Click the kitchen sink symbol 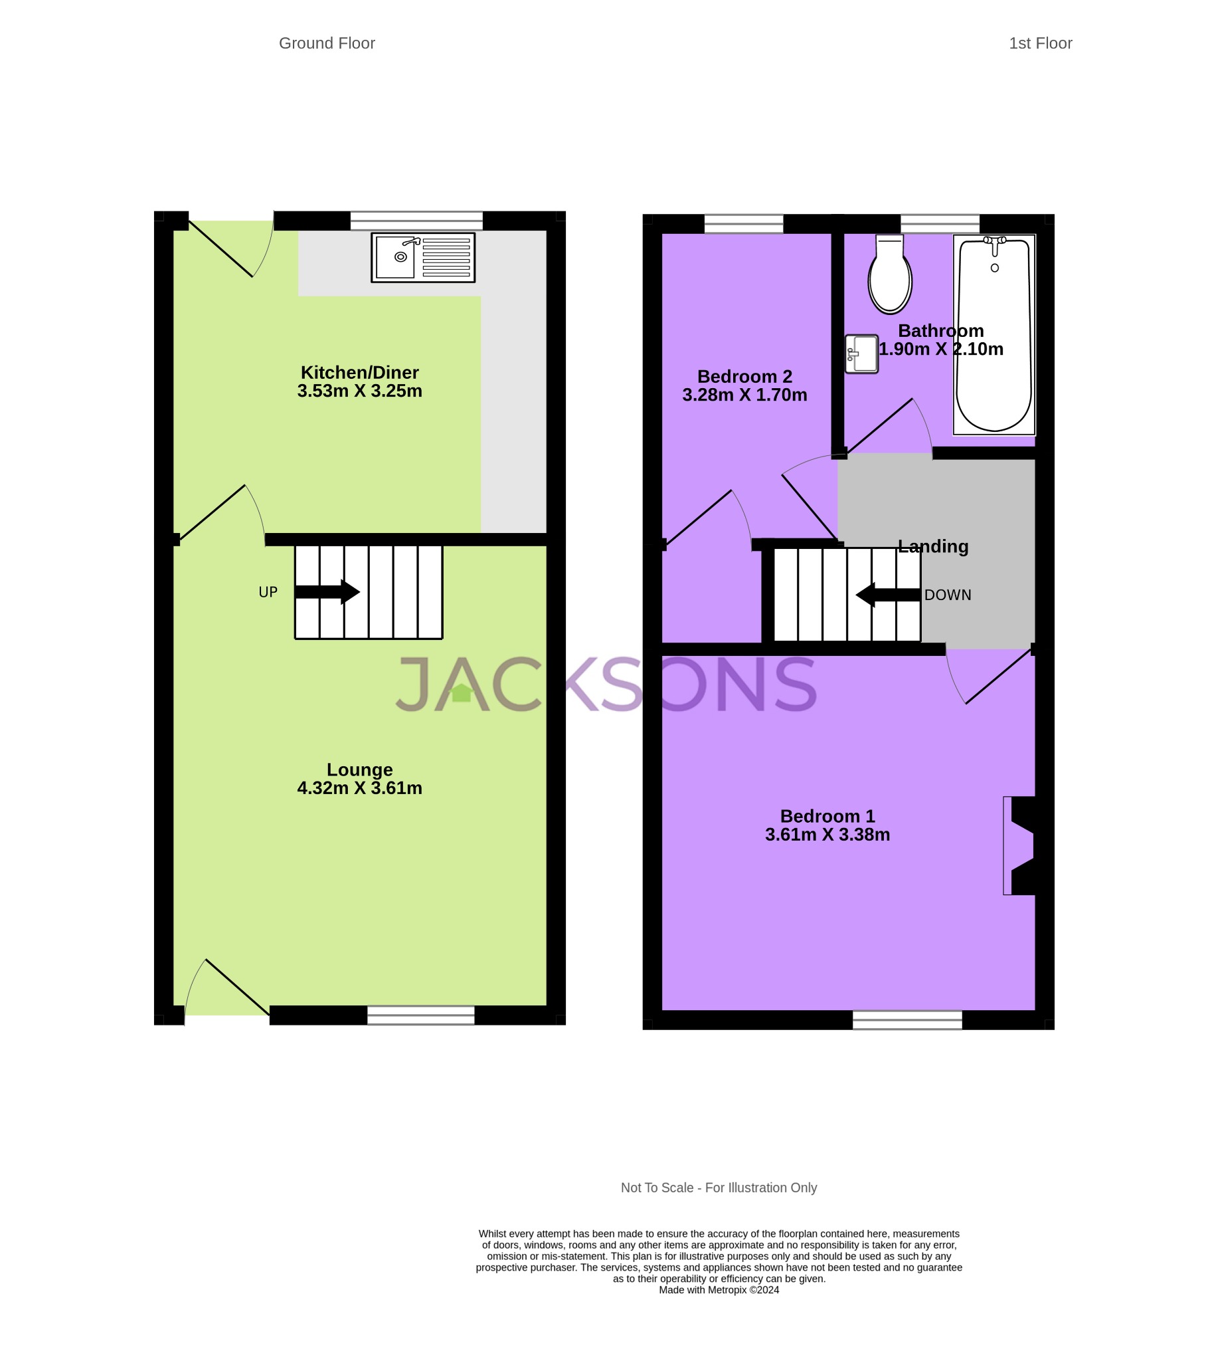pos(422,258)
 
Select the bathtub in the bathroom pos(993,335)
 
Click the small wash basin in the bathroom pos(862,354)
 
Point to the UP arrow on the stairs pos(327,592)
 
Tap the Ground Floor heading pos(327,43)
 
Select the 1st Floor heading pos(1040,43)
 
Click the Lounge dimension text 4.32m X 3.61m pos(359,788)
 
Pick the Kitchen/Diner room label pos(359,372)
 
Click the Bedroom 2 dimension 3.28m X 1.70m pos(744,395)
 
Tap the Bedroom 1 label pos(827,816)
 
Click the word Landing pos(933,547)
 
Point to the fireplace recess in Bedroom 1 pos(1020,845)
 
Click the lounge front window pos(420,1015)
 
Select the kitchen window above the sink pos(416,221)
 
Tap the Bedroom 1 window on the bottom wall pos(907,1020)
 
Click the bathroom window pos(940,224)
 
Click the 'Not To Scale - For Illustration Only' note pos(719,1188)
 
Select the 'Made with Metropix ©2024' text pos(719,1290)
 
